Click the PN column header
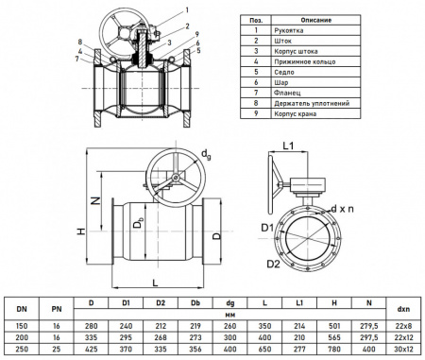pos(57,308)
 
